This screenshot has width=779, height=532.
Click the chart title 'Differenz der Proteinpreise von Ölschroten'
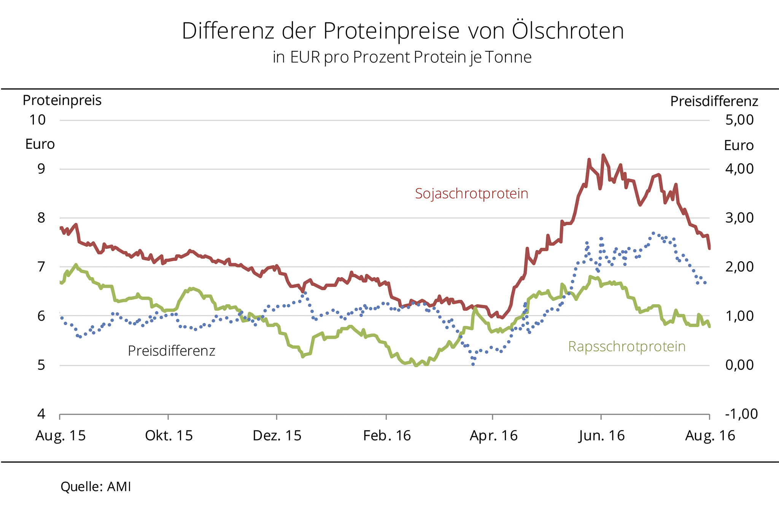(403, 31)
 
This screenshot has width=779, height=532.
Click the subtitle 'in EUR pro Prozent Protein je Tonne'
(402, 57)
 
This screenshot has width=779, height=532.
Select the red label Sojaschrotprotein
(471, 194)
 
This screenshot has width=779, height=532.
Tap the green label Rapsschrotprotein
(626, 346)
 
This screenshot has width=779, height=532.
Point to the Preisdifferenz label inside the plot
(171, 351)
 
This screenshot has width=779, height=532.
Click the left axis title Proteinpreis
(62, 100)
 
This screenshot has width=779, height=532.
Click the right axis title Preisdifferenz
(714, 101)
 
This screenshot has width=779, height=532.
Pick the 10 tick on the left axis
(38, 120)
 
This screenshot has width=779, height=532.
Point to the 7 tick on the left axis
(41, 267)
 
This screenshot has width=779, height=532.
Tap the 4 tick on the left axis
(41, 414)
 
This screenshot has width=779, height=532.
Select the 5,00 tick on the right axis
(739, 120)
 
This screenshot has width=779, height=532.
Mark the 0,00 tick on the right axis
(739, 365)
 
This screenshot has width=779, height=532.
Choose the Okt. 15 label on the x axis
(169, 435)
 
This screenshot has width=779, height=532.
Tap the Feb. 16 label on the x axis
(387, 435)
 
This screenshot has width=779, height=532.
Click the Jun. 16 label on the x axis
(602, 435)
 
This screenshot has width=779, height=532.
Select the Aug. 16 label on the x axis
(710, 435)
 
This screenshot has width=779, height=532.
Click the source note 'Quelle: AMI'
(96, 487)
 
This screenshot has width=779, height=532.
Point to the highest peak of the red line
(603, 155)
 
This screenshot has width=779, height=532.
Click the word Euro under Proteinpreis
(40, 145)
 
